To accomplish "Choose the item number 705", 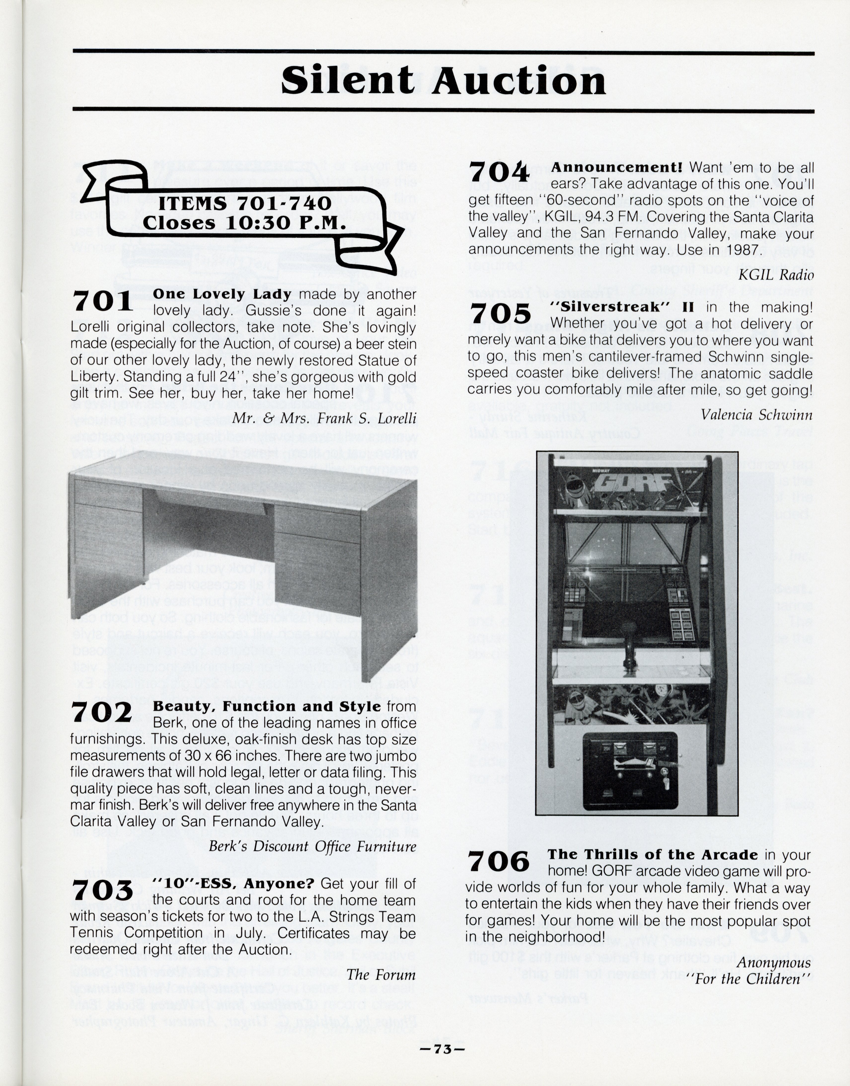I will [x=500, y=313].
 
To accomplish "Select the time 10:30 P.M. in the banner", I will [x=285, y=222].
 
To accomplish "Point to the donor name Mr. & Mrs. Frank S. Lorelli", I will [x=325, y=418].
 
